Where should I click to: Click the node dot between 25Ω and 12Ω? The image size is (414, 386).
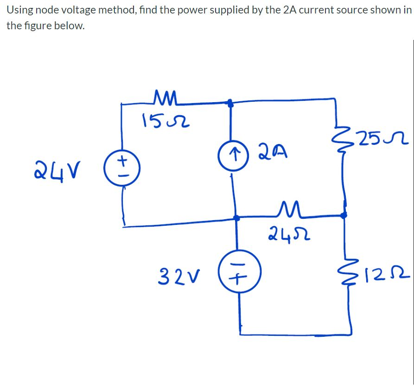pyautogui.click(x=344, y=215)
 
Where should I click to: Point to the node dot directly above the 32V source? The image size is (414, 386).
pyautogui.click(x=236, y=217)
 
